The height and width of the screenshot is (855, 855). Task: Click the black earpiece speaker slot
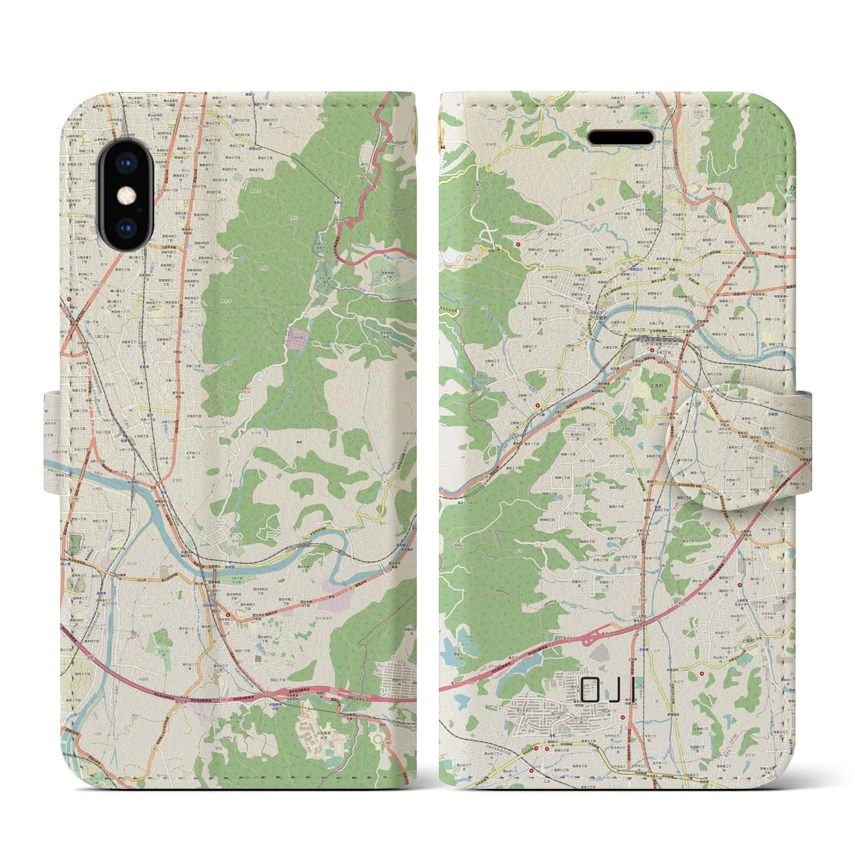click(x=620, y=138)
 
